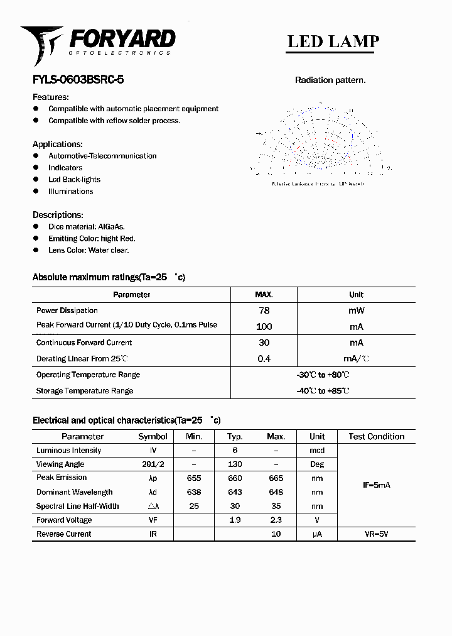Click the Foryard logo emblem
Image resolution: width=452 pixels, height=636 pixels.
pos(41,43)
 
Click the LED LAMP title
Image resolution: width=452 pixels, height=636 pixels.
pos(333,41)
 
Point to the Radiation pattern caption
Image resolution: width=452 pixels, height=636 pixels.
pos(330,80)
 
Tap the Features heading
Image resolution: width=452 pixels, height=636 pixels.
pos(50,97)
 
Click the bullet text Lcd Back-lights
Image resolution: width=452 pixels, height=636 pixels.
pos(74,180)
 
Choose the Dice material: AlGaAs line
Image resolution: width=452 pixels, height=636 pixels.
pos(87,226)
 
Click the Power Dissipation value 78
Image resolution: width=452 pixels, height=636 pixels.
pos(264,310)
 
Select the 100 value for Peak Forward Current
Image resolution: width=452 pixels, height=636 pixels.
pos(264,327)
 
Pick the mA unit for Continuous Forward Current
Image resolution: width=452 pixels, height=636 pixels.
pos(356,343)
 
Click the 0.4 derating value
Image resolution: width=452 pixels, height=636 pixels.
pos(264,359)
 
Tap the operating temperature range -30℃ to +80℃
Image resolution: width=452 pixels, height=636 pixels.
pos(323,375)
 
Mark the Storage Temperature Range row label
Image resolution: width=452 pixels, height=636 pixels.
pos(85,391)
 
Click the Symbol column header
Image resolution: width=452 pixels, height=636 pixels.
pos(153,436)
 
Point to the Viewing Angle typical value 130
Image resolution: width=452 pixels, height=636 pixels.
pos(235,464)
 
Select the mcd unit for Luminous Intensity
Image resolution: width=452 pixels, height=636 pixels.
pos(317,451)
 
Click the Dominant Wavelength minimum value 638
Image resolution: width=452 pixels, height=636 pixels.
pos(194,492)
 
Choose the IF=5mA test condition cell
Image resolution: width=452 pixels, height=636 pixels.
pos(377,485)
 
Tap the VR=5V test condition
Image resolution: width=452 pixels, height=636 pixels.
pos(377,534)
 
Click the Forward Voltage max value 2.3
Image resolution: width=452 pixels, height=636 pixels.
pos(276,520)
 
